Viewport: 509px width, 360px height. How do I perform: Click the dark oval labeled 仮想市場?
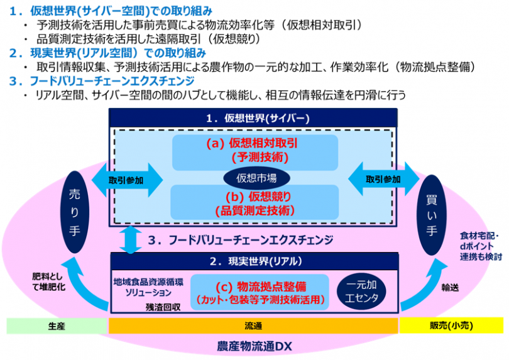(x=256, y=178)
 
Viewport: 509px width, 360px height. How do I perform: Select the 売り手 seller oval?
(x=75, y=212)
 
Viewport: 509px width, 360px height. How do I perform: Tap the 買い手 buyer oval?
(x=432, y=215)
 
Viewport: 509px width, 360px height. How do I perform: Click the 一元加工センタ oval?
(x=361, y=292)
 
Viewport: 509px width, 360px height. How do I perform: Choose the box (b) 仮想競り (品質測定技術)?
(x=255, y=202)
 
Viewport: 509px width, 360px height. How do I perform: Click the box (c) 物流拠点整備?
(x=260, y=293)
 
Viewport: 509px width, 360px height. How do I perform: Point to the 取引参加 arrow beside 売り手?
(x=127, y=180)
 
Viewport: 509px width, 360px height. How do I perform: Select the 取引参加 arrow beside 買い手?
(x=384, y=179)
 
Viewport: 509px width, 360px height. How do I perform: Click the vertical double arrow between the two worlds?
(x=131, y=239)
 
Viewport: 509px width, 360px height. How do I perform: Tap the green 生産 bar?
(x=57, y=326)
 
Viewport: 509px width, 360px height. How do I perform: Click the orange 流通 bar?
(x=253, y=326)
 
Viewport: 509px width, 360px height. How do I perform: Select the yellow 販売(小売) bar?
(x=451, y=325)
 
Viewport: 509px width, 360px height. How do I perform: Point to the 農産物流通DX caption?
(x=254, y=346)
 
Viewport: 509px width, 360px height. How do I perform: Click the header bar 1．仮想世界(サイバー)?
(x=253, y=117)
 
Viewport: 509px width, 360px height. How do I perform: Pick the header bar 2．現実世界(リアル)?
(x=255, y=261)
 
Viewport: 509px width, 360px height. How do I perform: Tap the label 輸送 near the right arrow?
(x=450, y=287)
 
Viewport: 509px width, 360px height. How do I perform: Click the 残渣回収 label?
(x=163, y=307)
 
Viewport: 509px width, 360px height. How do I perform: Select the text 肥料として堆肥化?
(x=48, y=281)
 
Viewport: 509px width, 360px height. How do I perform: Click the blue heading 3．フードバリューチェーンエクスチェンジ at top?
(x=102, y=81)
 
